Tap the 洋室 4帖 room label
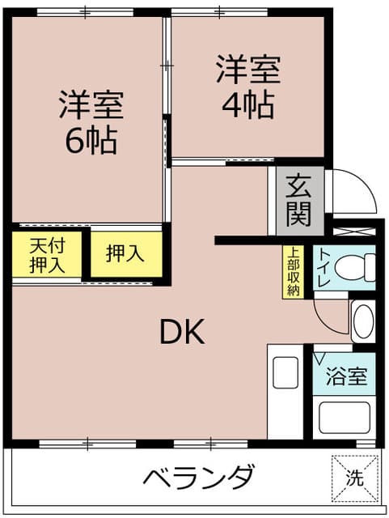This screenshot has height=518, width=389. pyautogui.click(x=248, y=87)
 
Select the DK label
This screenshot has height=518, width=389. pyautogui.click(x=182, y=332)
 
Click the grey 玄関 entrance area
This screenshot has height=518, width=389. pyautogui.click(x=300, y=201)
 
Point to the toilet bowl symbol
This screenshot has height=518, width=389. pyautogui.click(x=355, y=267)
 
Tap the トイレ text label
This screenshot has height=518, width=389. pyautogui.click(x=324, y=268)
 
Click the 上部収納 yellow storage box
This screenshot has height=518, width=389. pyautogui.click(x=293, y=272)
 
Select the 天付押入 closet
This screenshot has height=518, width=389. pyautogui.click(x=47, y=254)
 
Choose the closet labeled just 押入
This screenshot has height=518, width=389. pyautogui.click(x=126, y=254)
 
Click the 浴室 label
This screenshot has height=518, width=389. pyautogui.click(x=346, y=376)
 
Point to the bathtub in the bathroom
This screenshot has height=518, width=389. pyautogui.click(x=344, y=418)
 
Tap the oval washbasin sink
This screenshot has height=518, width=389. pyautogui.click(x=363, y=321)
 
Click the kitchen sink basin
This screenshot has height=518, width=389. pyautogui.click(x=285, y=372)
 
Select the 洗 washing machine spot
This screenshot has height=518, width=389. pyautogui.click(x=355, y=478)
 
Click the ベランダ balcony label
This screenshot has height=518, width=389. pyautogui.click(x=199, y=477)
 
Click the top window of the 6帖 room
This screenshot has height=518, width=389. pyautogui.click(x=85, y=13)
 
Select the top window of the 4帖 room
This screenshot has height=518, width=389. pyautogui.click(x=219, y=13)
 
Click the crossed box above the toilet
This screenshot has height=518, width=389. pyautogui.click(x=354, y=231)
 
